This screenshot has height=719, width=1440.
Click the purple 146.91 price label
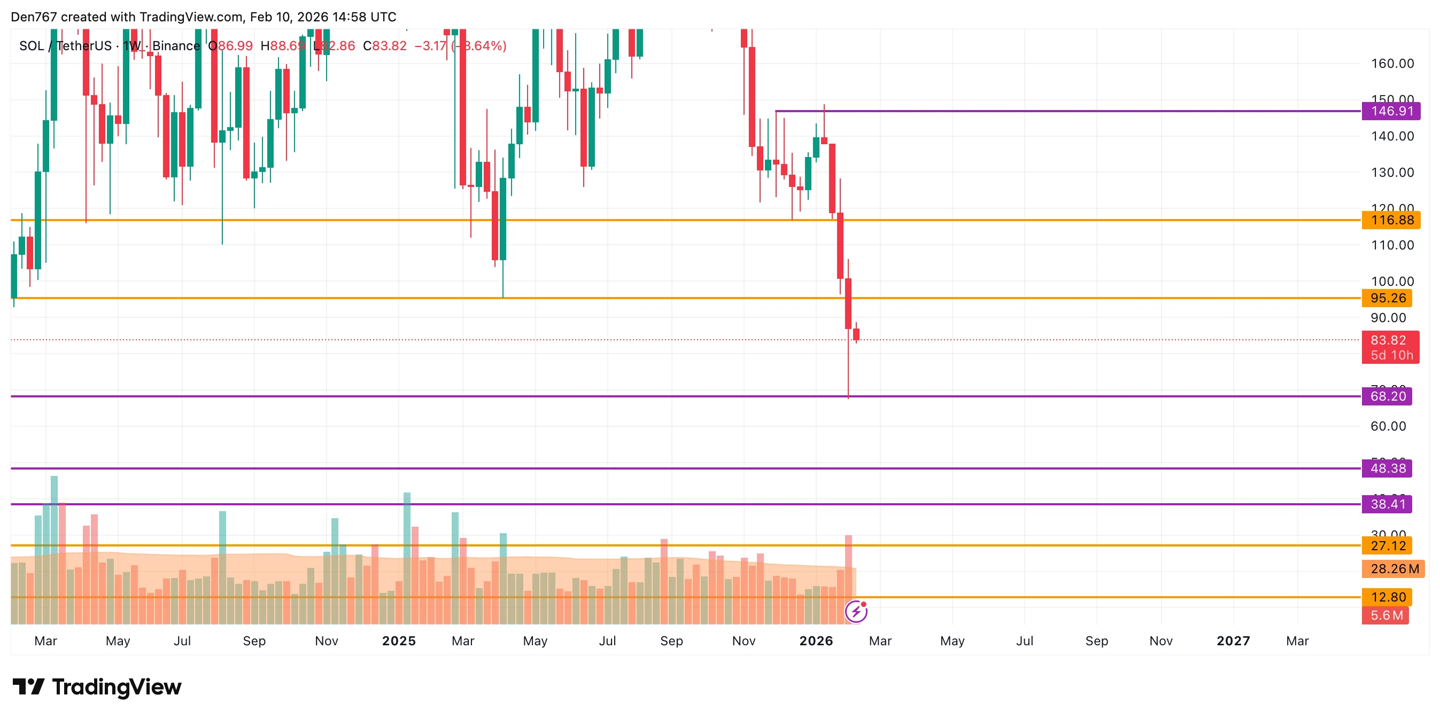1391,111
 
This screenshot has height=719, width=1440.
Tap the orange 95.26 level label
1388,298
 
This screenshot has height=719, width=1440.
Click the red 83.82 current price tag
1390,340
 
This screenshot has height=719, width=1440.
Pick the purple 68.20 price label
1388,396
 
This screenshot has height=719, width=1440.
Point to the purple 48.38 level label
1388,468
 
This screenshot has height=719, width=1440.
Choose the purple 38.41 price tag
1388,504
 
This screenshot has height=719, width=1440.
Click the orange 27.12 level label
1388,545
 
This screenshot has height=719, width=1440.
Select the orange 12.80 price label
1388,597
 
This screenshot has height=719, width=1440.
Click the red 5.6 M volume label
1386,615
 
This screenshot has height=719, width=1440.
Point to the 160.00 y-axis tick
1392,64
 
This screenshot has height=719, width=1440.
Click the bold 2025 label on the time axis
399,641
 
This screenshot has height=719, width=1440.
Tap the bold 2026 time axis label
816,641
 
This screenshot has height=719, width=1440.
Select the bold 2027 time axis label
1233,641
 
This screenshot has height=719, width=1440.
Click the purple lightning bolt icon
856,612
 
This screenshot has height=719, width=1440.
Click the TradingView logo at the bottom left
97,687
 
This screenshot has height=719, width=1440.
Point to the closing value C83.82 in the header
385,46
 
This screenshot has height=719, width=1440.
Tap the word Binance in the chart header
176,46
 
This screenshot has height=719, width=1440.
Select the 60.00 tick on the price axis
1388,426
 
